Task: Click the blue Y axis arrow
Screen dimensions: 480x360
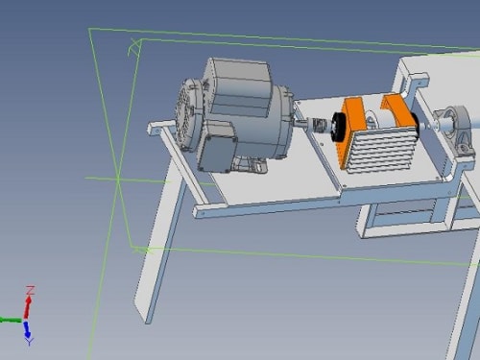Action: coord(27,329)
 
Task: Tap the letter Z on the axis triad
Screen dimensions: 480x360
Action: coord(31,290)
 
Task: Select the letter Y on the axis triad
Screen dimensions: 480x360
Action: coord(30,342)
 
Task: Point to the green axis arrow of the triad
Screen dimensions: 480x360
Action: coord(11,320)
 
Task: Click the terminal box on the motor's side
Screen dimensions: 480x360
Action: coord(217,153)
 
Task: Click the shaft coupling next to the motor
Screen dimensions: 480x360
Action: coord(318,124)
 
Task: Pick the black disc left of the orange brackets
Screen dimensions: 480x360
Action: coord(339,127)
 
